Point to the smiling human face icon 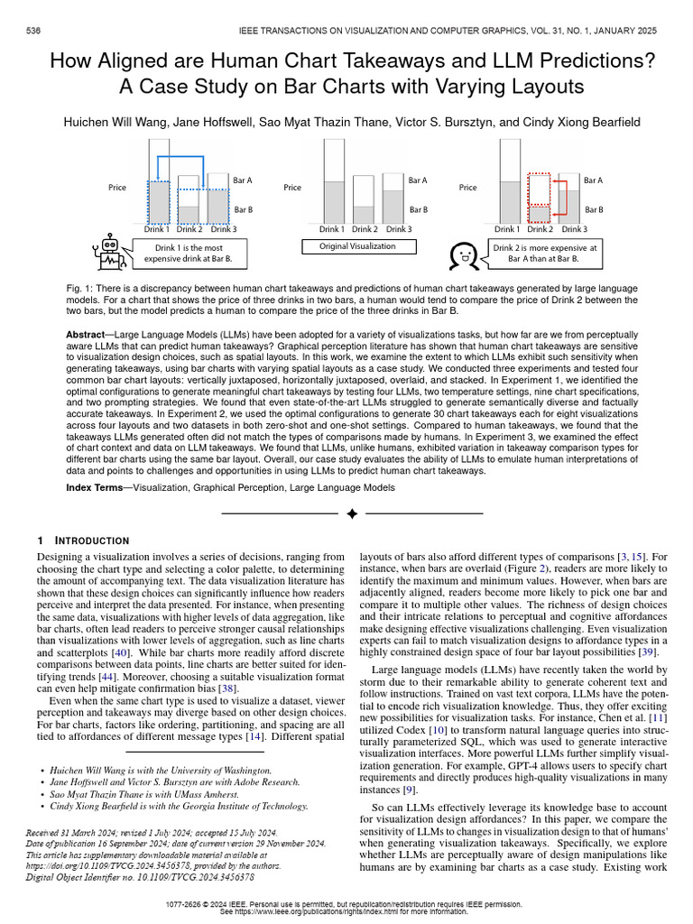tap(462, 254)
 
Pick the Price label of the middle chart tap(292, 188)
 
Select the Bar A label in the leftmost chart tap(243, 180)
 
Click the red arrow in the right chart tap(559, 194)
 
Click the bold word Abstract tap(86, 334)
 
